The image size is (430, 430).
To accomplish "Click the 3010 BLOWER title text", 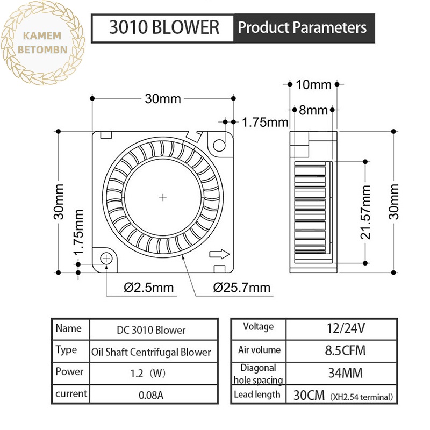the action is pos(164,27).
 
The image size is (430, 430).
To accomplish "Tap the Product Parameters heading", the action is pos(302,27).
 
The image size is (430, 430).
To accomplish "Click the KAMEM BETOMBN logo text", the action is pos(42,43).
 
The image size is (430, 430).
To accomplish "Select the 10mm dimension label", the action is pos(313,84).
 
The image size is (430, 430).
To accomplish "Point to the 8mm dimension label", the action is pos(313,110).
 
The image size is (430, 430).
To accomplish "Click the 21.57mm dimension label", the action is pos(365,212).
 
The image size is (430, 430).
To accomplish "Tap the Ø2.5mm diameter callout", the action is pos(149,288).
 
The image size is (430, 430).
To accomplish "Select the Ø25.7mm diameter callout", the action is pos(241,288).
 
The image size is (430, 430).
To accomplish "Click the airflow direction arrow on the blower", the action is pos(219,254).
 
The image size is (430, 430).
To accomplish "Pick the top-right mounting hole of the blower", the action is pos(219,145).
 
